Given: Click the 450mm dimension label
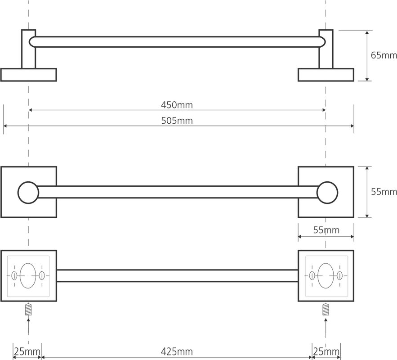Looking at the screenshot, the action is pyautogui.click(x=177, y=105).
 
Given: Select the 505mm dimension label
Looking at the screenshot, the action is pyautogui.click(x=177, y=121).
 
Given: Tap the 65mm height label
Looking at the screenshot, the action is pyautogui.click(x=384, y=55).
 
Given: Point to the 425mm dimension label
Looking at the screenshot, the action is pyautogui.click(x=177, y=351).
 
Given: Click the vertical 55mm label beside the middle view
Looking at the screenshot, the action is pyautogui.click(x=384, y=192).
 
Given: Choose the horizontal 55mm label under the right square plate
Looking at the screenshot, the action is pyautogui.click(x=326, y=230).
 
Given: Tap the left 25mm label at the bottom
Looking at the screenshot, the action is pyautogui.click(x=27, y=351).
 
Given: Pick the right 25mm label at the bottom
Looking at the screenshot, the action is pyautogui.click(x=326, y=351).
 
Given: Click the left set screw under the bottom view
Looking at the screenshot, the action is pyautogui.click(x=28, y=309).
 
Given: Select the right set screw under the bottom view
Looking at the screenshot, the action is pyautogui.click(x=326, y=309).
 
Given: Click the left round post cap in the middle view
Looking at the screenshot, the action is pyautogui.click(x=28, y=193).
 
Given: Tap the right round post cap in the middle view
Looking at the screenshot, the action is pyautogui.click(x=327, y=193).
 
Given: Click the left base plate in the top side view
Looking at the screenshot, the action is pyautogui.click(x=28, y=75).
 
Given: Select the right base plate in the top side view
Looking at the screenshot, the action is pyautogui.click(x=326, y=75).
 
